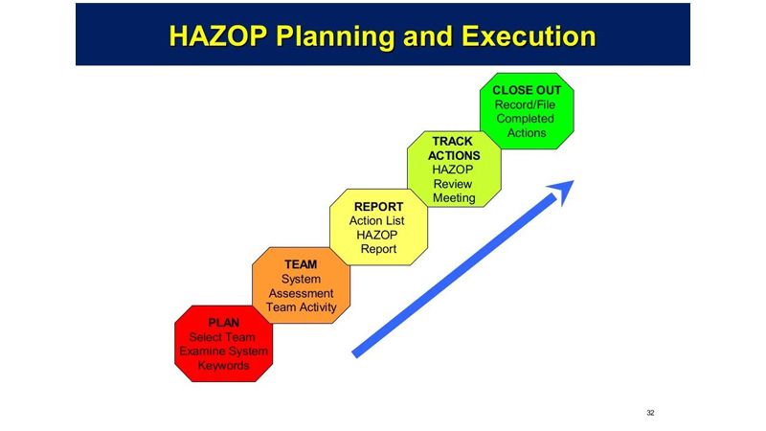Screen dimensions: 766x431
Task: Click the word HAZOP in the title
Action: [218, 36]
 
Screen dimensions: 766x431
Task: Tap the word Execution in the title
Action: [529, 36]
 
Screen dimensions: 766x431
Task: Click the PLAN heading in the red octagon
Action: [224, 323]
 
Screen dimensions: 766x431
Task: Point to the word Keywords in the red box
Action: [224, 366]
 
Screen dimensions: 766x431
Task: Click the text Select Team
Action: [222, 337]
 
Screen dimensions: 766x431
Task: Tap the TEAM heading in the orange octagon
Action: [301, 264]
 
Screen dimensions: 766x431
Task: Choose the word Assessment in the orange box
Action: [301, 293]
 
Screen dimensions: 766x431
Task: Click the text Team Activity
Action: [302, 307]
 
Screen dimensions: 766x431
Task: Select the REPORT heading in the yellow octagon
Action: [378, 207]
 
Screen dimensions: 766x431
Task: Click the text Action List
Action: [376, 221]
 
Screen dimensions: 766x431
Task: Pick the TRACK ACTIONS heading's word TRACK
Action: [452, 141]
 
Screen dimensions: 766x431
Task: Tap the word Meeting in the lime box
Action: [454, 198]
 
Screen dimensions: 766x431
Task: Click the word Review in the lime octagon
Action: [453, 184]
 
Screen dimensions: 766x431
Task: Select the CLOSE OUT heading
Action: [527, 90]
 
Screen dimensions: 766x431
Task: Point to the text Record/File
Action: [525, 104]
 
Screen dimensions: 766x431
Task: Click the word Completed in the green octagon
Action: [525, 119]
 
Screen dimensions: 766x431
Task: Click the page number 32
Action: [650, 413]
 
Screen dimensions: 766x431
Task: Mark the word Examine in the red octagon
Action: [200, 352]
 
